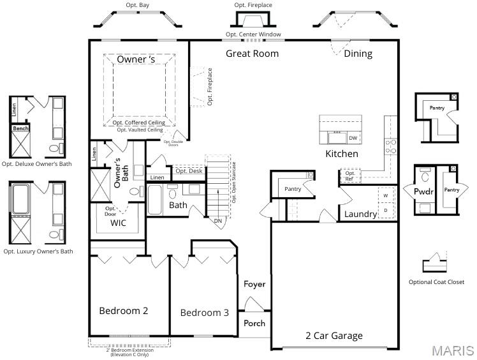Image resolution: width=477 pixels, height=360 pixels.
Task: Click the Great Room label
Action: coord(252,54)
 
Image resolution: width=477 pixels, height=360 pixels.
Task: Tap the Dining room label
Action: coord(358,54)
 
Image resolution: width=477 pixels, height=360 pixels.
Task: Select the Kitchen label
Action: coord(342,154)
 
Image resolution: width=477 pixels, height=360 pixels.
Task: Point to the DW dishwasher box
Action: coord(353,138)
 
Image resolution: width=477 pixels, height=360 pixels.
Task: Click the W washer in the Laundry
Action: coord(385,195)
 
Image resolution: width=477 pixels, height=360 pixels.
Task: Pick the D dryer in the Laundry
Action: coord(385,210)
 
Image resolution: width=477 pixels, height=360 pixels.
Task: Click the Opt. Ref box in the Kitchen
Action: coord(350,176)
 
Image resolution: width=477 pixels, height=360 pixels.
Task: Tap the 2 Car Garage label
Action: coord(334,336)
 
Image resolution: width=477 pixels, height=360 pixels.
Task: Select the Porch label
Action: coord(254,324)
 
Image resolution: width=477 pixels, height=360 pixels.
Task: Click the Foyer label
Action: coord(254,284)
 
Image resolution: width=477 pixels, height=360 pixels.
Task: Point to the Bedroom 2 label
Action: coord(124,311)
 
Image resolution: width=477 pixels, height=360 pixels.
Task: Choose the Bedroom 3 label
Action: coord(204,313)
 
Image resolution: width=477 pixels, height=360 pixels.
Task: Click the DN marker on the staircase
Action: coord(218,221)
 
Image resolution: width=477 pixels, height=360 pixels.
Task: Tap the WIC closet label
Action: coord(119,223)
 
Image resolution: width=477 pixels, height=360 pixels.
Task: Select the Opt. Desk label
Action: coord(189,170)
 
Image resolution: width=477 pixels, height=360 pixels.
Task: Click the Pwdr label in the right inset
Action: coord(423,191)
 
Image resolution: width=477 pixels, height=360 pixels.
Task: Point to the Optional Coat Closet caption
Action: coord(436,282)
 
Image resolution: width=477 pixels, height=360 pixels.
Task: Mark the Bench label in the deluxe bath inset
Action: coord(20,129)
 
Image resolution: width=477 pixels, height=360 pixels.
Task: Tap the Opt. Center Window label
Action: coord(253,34)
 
